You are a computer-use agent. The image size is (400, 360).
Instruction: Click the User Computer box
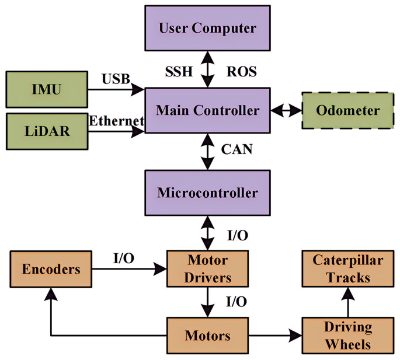207,28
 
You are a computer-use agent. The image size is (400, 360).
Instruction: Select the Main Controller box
207,110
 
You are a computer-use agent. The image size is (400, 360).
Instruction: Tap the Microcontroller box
207,193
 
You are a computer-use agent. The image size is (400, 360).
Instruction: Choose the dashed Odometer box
347,110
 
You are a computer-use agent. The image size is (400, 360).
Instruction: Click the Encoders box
51,269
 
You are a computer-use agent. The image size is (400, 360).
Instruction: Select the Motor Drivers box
207,268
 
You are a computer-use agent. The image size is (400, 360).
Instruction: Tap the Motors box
207,335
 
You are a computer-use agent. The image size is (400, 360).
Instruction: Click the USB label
116,79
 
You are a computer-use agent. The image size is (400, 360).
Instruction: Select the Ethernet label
116,121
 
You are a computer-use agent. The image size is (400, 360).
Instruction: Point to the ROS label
241,72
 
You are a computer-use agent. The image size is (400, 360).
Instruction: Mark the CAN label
236,149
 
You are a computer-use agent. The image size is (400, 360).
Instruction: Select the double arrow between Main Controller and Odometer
286,110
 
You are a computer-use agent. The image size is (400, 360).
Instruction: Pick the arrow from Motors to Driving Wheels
274,336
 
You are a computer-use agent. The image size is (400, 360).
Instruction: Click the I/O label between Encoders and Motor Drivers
123,258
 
